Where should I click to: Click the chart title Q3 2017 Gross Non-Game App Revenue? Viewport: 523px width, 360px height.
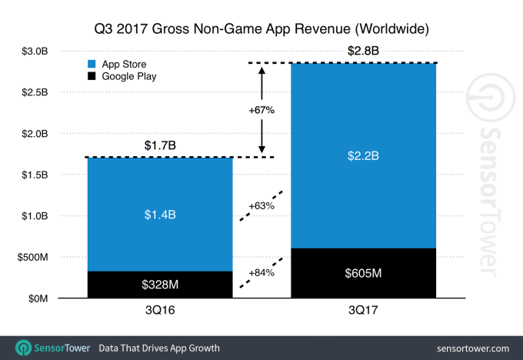point(261,28)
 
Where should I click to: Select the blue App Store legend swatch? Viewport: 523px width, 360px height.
point(93,65)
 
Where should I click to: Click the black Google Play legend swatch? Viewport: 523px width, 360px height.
point(93,77)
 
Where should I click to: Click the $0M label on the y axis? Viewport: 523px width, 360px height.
point(36,298)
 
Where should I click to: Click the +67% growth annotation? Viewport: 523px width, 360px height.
point(261,110)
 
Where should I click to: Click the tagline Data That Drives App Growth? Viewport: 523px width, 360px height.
point(159,348)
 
